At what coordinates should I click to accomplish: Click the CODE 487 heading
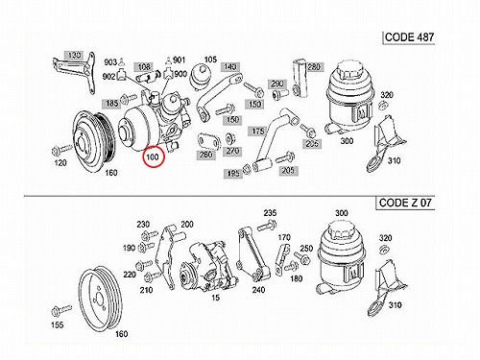(x=409, y=37)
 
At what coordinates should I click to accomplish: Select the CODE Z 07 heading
(x=405, y=203)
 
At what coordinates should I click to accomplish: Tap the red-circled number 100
(x=153, y=157)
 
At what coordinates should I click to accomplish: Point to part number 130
(x=74, y=55)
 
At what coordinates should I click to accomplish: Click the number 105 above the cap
(x=210, y=60)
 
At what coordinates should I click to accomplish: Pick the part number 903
(x=110, y=61)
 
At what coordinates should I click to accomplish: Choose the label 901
(x=180, y=60)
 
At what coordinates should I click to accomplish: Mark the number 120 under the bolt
(x=60, y=163)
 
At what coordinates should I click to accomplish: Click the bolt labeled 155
(x=61, y=310)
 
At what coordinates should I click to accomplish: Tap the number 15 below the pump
(x=216, y=298)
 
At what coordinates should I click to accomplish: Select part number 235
(x=270, y=213)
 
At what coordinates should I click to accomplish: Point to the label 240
(x=258, y=290)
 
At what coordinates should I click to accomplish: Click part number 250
(x=306, y=249)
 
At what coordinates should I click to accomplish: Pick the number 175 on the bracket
(x=258, y=132)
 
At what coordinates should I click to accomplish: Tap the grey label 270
(x=232, y=151)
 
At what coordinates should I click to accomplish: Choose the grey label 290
(x=276, y=84)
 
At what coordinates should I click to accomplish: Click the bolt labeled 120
(x=62, y=149)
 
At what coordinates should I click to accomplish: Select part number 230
(x=143, y=225)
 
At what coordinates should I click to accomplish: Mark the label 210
(x=146, y=290)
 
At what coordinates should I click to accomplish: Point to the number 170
(x=284, y=237)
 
